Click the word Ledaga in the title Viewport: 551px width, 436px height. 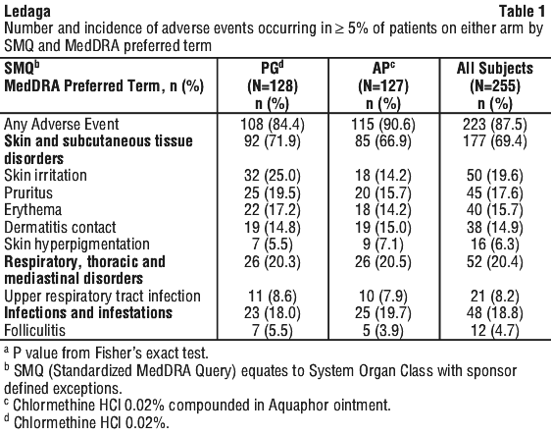(x=27, y=11)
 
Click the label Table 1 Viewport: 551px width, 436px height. (x=522, y=11)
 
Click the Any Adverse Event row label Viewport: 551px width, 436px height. (x=62, y=124)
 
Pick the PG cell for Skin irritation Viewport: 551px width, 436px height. (x=273, y=176)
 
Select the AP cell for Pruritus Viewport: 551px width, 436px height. (x=383, y=192)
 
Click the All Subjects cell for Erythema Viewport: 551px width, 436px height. (x=495, y=210)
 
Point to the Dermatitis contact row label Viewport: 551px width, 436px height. (x=60, y=227)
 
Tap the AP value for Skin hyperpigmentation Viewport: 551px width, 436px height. (x=383, y=245)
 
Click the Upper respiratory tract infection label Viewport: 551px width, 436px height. (x=102, y=297)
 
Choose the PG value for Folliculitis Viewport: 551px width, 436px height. (x=273, y=330)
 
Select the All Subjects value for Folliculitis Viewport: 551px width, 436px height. (x=495, y=330)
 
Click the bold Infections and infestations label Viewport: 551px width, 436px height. (x=88, y=313)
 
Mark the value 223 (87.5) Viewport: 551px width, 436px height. (x=495, y=124)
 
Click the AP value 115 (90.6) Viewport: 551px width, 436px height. (x=383, y=124)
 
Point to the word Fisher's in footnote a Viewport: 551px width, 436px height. (x=148, y=353)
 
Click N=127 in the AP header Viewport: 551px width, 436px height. (x=383, y=85)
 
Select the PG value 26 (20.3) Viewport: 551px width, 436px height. (x=273, y=262)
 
